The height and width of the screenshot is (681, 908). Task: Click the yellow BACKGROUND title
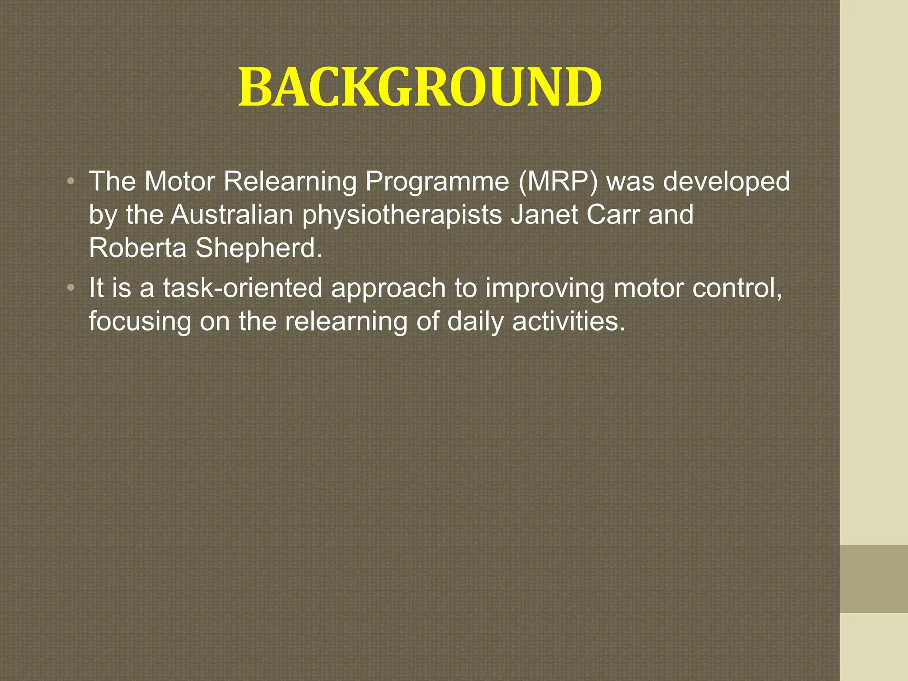pos(420,87)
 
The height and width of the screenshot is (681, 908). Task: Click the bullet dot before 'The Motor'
pos(70,181)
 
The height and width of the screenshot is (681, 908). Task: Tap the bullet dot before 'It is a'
pos(70,288)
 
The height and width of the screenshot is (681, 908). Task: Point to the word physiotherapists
pos(402,215)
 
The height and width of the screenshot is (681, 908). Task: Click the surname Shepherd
pos(258,248)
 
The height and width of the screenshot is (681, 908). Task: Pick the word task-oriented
pos(242,288)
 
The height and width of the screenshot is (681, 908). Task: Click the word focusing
pos(140,322)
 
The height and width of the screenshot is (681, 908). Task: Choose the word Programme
pos(437,182)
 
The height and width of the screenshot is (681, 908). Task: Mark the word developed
pos(726,182)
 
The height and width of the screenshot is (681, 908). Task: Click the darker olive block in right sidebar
pos(873,579)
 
